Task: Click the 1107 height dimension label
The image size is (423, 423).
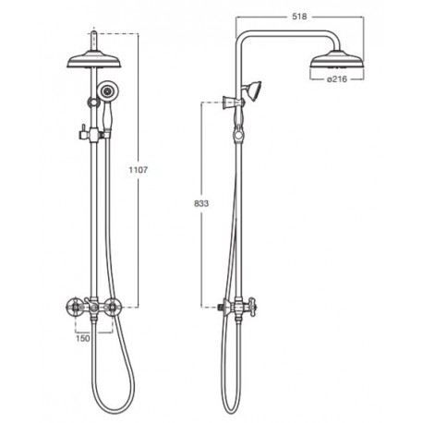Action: click(x=139, y=170)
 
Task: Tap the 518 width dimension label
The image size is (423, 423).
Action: click(x=299, y=17)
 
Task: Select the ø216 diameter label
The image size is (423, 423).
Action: click(x=337, y=79)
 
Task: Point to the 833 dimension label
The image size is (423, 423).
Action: click(x=201, y=203)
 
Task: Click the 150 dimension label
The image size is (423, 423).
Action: click(x=83, y=338)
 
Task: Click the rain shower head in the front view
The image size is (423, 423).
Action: click(x=94, y=61)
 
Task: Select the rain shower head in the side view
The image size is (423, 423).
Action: click(x=337, y=60)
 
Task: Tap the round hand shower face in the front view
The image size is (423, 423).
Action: click(x=107, y=91)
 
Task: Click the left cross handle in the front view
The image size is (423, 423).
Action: click(x=74, y=307)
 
